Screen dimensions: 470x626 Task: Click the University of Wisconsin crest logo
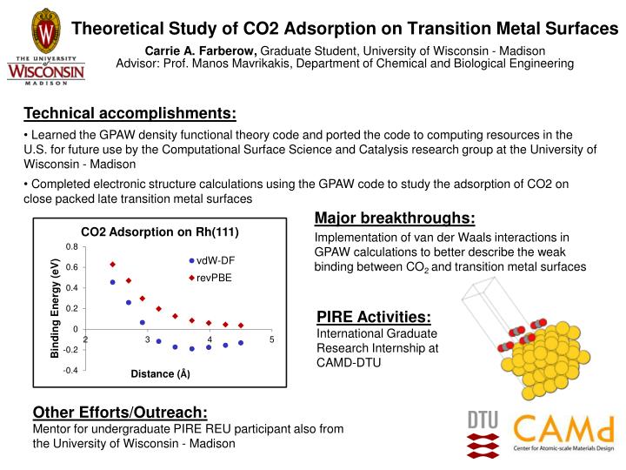[x=45, y=31]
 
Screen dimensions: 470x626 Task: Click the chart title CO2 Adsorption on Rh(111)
[x=159, y=232]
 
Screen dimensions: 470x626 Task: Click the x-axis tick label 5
[x=272, y=339]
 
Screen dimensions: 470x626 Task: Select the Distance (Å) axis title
[x=160, y=374]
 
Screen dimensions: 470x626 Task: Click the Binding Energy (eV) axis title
[x=54, y=308]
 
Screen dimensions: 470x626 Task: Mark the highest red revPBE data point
[x=113, y=264]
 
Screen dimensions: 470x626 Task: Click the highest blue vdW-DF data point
[x=113, y=282]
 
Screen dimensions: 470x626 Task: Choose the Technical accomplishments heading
[x=130, y=114]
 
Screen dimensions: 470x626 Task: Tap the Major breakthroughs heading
[x=394, y=218]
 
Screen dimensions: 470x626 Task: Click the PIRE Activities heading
[x=373, y=318]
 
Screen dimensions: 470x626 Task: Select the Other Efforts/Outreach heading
[x=120, y=412]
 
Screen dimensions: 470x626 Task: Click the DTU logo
[x=483, y=433]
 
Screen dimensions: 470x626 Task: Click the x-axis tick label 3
[x=148, y=339]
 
